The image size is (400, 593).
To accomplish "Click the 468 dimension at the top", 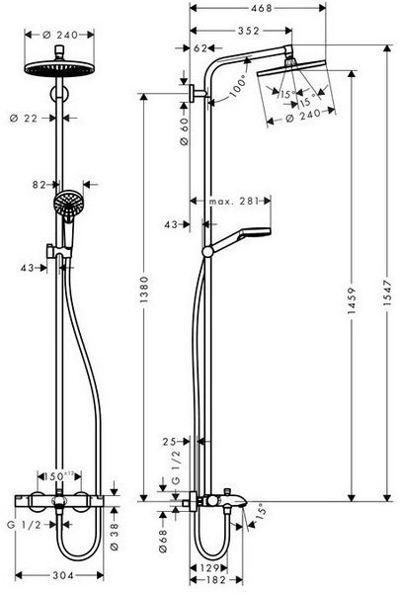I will pyautogui.click(x=233, y=9).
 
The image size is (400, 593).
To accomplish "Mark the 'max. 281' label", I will pyautogui.click(x=234, y=203).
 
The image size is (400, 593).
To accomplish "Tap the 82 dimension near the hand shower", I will pyautogui.click(x=39, y=183).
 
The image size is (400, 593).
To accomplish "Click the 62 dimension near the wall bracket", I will pyautogui.click(x=201, y=47).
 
